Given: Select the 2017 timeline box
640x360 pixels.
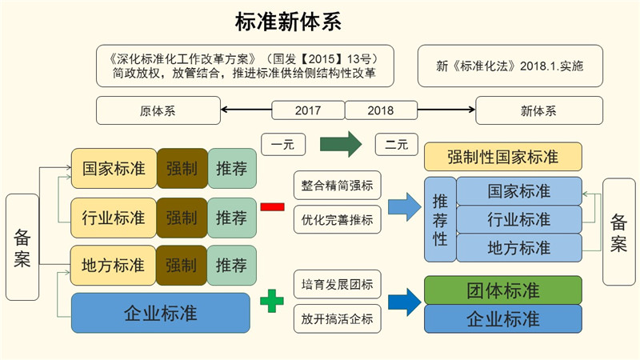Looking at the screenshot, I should click(308, 110).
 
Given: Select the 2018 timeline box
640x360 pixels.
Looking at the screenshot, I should click(381, 110).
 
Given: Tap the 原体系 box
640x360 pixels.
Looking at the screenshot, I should click(158, 110).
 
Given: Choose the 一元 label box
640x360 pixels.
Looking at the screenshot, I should click(282, 145).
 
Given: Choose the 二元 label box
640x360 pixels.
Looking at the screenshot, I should click(397, 145).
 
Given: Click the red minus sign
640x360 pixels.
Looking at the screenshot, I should click(272, 206).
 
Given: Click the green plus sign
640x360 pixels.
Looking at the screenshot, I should click(272, 302).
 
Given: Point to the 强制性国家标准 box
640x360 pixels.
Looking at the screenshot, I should click(502, 156).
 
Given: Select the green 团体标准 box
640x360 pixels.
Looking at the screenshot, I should click(502, 290).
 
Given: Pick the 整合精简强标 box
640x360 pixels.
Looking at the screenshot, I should click(337, 185).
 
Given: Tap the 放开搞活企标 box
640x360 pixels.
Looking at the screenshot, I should click(337, 318).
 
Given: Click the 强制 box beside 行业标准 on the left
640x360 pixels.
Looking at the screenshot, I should click(182, 218).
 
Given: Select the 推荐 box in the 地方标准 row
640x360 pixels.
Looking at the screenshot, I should click(231, 266).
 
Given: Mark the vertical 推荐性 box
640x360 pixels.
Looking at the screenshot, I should click(440, 219).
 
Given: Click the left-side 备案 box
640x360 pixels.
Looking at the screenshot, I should click(22, 247).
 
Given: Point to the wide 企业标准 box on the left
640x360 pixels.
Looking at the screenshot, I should click(161, 313).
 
